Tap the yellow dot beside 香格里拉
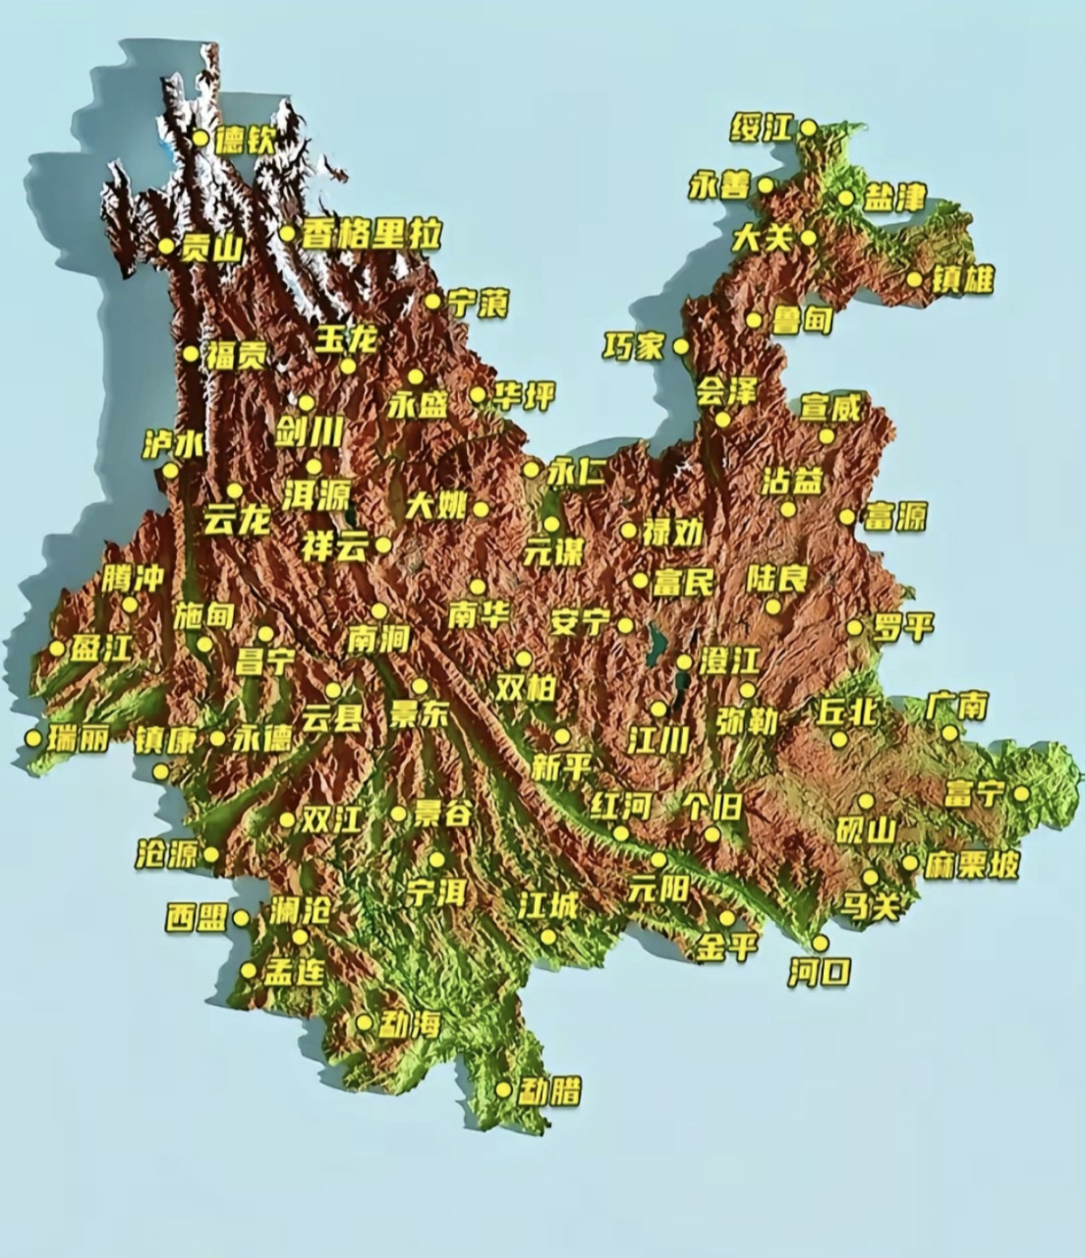287,234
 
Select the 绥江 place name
763,128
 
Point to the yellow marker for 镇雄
914,279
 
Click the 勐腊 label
551,1091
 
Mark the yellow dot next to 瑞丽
33,737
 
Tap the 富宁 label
974,793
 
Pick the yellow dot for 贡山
166,246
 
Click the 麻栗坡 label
971,865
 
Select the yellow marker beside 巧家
681,347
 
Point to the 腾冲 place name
132,579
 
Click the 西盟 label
197,919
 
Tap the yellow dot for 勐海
365,1023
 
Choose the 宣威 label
830,407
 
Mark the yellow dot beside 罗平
855,627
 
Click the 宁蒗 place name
479,304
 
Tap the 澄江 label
729,660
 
